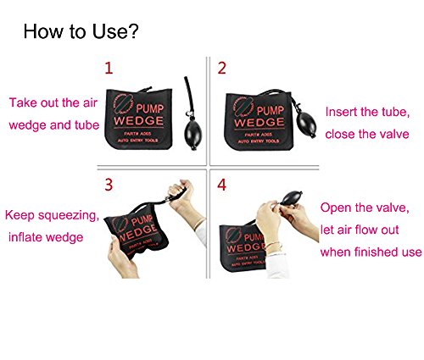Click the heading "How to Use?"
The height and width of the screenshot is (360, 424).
tap(81, 31)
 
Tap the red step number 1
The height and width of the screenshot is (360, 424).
tap(109, 69)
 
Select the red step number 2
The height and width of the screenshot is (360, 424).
tap(222, 69)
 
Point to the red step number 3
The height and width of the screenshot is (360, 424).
tap(109, 185)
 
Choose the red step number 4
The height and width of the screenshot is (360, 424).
tap(222, 185)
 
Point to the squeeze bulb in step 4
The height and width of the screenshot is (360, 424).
tap(292, 197)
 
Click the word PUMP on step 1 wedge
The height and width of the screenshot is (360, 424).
tap(150, 109)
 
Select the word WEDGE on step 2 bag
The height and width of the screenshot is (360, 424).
tap(259, 122)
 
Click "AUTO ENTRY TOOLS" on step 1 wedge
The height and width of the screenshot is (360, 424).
tap(138, 141)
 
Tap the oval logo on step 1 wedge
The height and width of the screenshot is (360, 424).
tap(123, 105)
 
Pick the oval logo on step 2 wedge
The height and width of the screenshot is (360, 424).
tap(243, 107)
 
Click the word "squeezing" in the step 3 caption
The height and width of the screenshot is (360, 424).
tap(68, 216)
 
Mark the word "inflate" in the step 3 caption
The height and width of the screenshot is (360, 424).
tap(25, 237)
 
